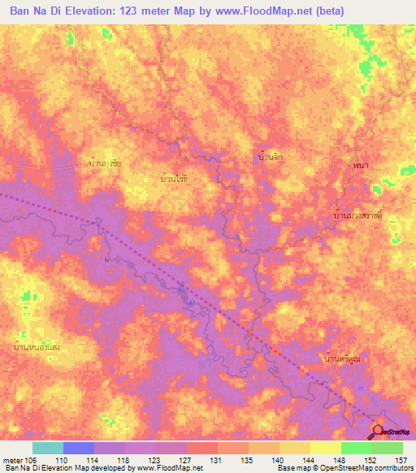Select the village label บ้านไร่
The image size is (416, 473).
174,176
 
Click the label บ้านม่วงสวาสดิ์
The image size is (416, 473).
358,216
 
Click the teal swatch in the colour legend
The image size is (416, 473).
48,448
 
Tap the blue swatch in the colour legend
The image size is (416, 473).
79,448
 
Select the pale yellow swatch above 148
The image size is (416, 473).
325,448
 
